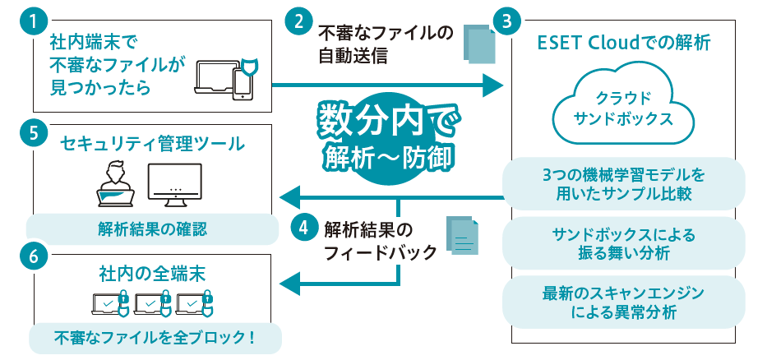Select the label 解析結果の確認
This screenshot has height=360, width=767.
[151, 229]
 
